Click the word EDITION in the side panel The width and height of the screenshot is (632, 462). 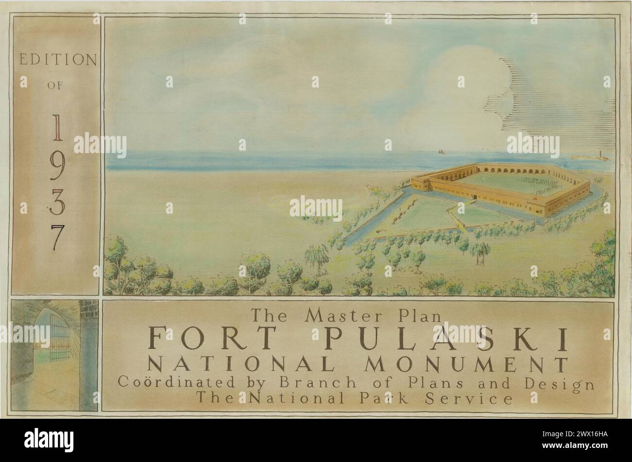click(57, 60)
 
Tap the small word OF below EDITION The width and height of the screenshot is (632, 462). click(55, 86)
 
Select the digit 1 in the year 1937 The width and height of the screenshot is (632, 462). click(57, 127)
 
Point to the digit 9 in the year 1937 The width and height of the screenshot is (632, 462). click(57, 167)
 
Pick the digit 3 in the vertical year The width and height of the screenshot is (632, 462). click(57, 204)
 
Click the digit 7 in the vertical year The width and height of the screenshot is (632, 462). click(57, 239)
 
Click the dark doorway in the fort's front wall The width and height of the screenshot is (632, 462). click(474, 199)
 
